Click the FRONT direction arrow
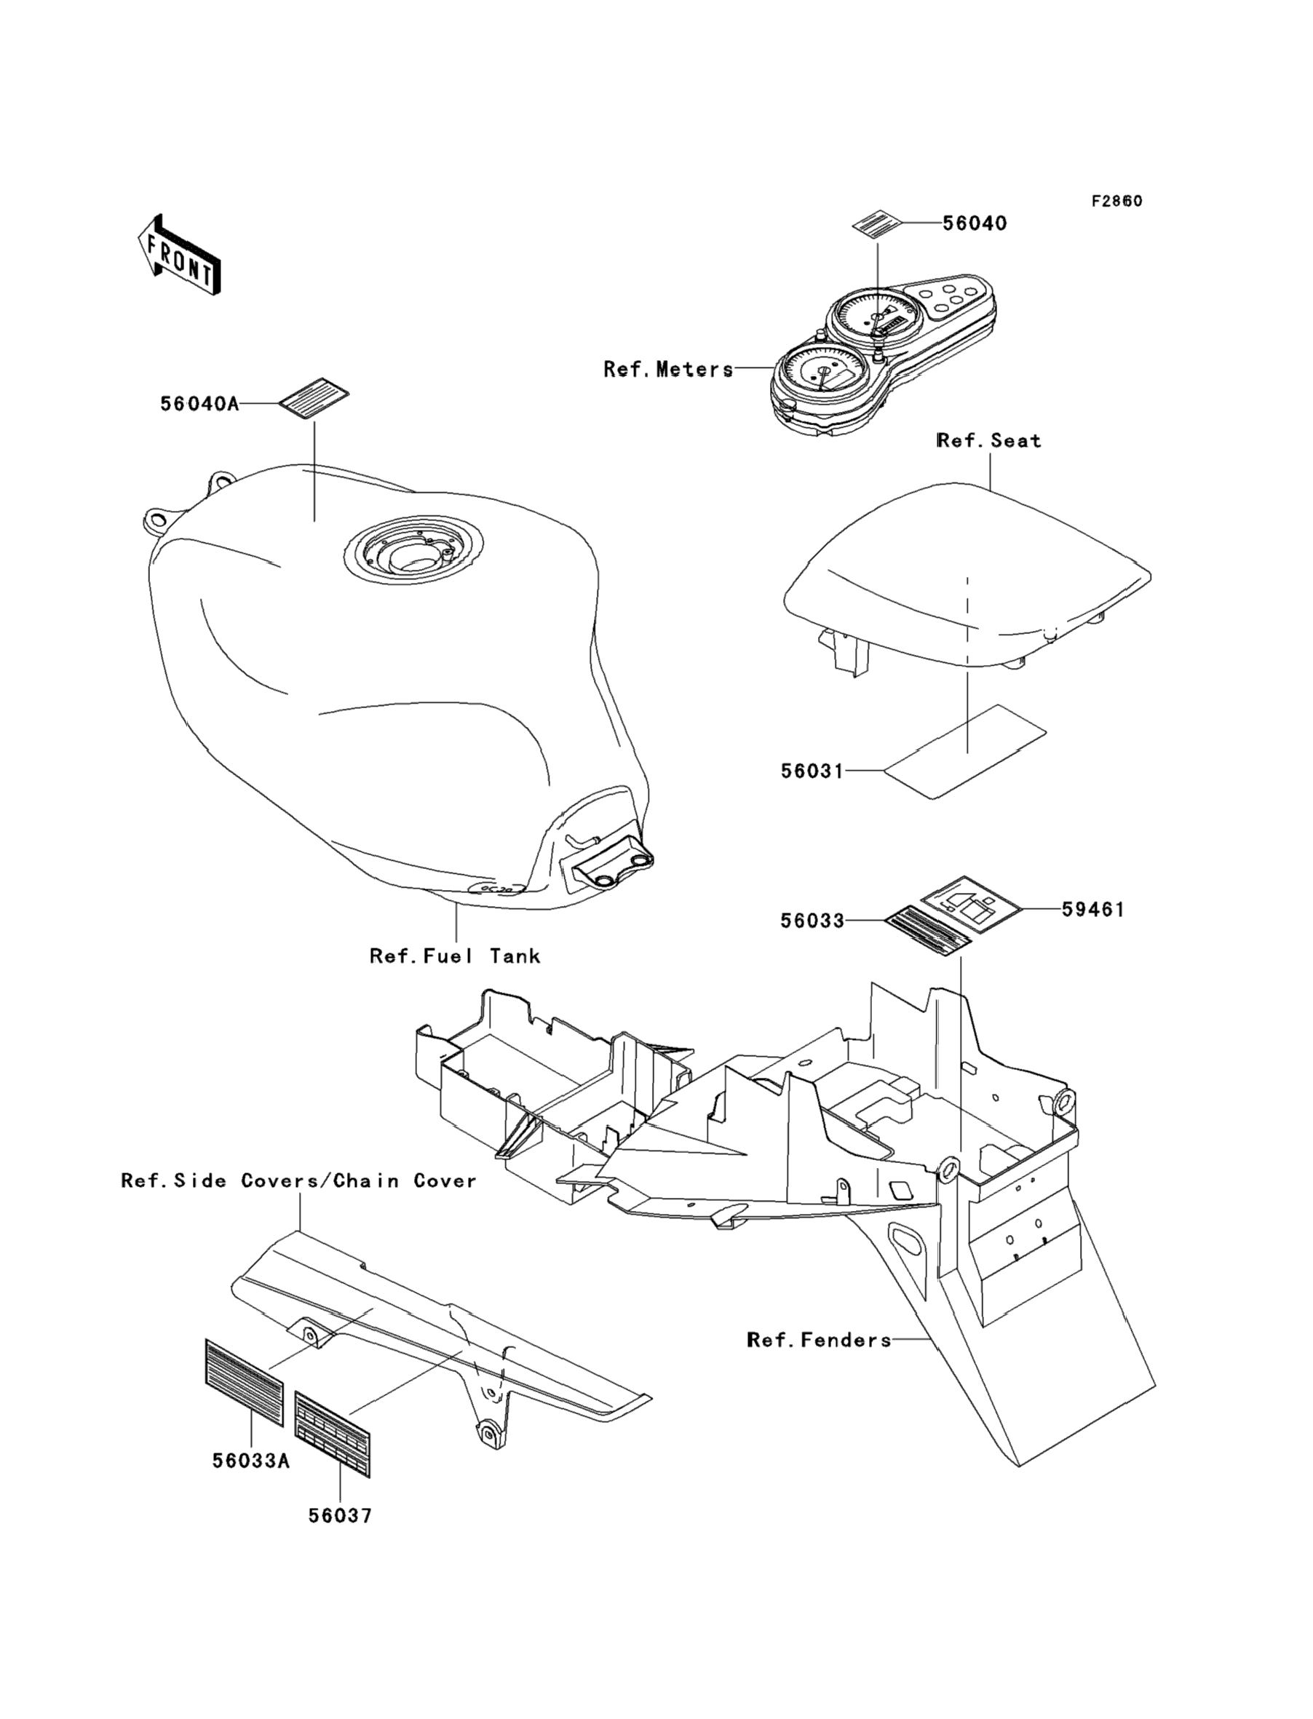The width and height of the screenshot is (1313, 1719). point(179,255)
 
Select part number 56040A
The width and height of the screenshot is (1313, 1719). point(199,404)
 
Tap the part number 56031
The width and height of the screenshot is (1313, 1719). point(812,771)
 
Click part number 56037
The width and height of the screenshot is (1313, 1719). point(340,1517)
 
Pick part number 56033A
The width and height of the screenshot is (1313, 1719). point(251,1461)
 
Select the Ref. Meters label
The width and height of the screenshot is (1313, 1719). point(668,369)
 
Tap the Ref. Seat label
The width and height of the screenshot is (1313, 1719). point(989,441)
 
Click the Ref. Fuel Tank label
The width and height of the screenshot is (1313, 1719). point(455,956)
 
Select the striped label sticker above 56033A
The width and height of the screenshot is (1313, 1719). point(244,1383)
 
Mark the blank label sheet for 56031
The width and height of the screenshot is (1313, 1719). point(964,750)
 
